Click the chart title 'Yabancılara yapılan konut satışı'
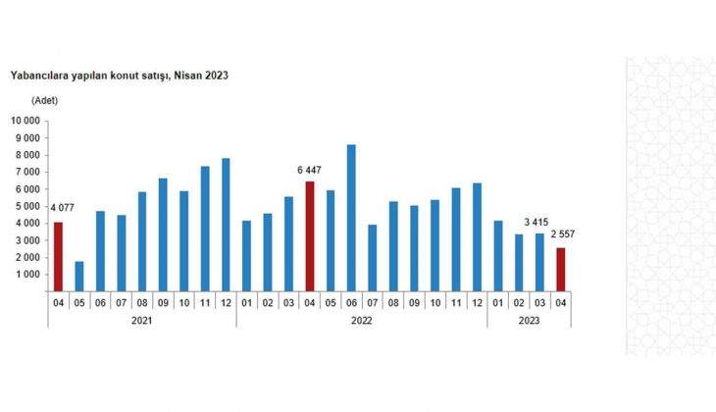119,76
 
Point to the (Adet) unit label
46,101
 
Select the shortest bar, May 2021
78,277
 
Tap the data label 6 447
310,170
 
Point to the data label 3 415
536,221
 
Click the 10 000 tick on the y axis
26,121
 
